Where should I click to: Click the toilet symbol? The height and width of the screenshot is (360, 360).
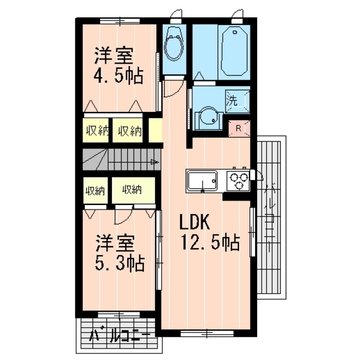pos(174,44)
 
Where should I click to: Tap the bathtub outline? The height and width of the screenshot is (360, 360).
pos(235,51)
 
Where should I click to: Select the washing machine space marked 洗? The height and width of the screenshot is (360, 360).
pos(238,102)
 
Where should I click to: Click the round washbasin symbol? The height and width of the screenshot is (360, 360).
pos(208,116)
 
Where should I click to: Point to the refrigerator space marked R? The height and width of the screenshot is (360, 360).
pos(239,129)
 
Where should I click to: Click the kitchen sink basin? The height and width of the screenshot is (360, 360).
pos(203,181)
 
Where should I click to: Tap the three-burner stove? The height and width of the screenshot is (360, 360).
pos(238,181)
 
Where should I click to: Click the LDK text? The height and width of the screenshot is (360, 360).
pos(195,222)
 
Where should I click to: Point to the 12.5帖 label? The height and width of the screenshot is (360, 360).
pos(211,242)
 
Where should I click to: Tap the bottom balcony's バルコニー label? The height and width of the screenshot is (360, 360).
pos(120,337)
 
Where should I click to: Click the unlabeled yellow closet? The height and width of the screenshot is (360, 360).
pos(156,130)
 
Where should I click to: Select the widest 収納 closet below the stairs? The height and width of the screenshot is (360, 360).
pos(134,190)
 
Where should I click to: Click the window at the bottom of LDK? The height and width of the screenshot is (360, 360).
pos(207,334)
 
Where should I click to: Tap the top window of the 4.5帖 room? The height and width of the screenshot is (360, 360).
pos(120,21)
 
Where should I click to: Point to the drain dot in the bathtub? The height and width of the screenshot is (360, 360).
pos(235,32)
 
